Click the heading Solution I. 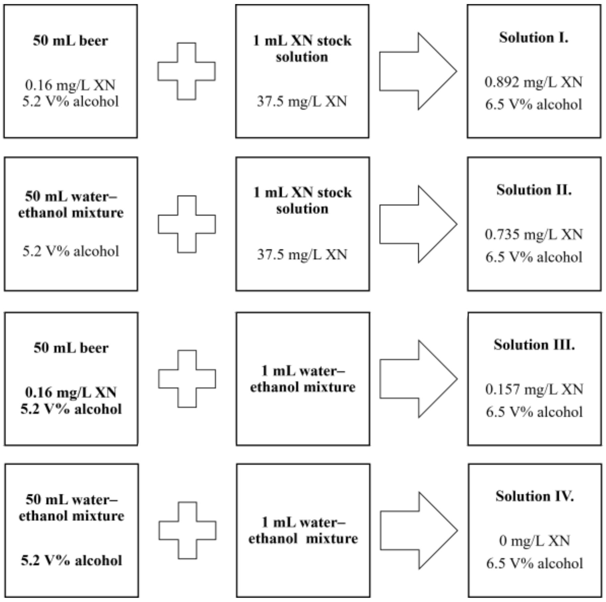point(533,38)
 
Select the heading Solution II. point(534,190)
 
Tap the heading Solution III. point(534,345)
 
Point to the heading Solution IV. point(534,496)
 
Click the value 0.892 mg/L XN point(533,82)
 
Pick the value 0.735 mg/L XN point(534,235)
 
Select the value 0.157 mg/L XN point(534,390)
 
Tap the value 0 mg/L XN point(534,541)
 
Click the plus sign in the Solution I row point(187,71)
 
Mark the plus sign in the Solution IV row point(188,530)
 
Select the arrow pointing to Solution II point(418,224)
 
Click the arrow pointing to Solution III point(418,379)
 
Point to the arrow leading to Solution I point(418,71)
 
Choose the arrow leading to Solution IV point(419,530)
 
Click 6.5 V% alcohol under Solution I point(533,105)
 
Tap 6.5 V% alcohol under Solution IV point(534,563)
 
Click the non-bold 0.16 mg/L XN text point(70,85)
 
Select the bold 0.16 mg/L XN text point(71,393)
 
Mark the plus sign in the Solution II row point(187,224)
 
